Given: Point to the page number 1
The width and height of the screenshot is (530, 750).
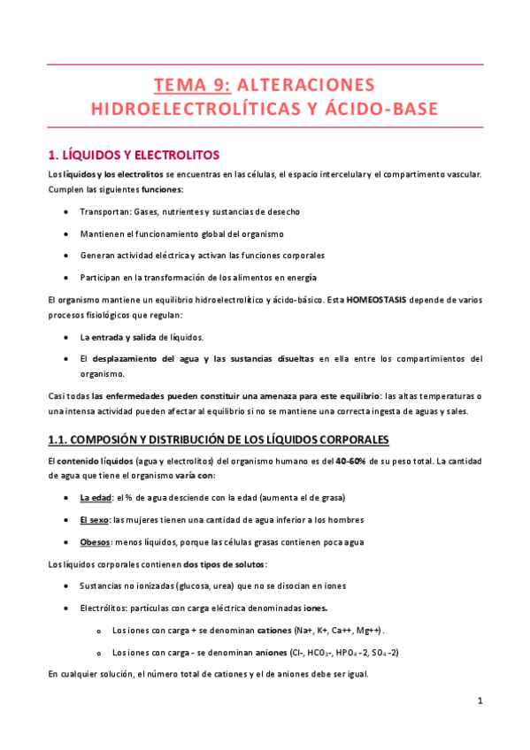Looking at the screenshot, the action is (x=479, y=701).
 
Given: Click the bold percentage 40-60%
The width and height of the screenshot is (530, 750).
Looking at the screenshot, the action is (x=351, y=461).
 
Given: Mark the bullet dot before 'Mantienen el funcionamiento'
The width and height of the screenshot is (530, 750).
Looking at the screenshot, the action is (x=69, y=233).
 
